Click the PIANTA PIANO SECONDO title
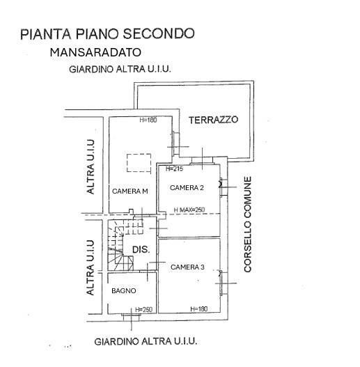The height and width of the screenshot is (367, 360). point(107,33)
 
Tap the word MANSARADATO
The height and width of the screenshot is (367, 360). point(95,52)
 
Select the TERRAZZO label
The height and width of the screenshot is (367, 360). point(214,120)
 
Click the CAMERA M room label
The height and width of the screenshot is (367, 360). point(130,192)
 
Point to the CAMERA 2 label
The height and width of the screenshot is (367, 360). point(187,188)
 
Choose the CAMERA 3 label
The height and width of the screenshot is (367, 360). point(187,267)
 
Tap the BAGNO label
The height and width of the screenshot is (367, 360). point(124,291)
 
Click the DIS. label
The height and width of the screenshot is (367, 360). point(141,249)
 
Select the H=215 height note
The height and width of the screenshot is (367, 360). point(174,169)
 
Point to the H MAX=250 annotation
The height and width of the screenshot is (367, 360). point(189,210)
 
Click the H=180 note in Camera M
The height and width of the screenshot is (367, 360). point(148,120)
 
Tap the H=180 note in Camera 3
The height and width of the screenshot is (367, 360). point(199,309)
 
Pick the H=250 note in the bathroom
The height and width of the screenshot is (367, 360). point(143,310)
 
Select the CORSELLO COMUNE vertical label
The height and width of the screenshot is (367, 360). point(248,224)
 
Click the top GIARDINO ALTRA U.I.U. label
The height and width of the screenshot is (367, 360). point(120,69)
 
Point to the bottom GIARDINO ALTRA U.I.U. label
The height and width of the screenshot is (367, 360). point(146,341)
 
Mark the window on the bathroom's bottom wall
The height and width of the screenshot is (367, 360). point(132,317)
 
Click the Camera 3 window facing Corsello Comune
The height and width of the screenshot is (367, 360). point(223,283)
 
